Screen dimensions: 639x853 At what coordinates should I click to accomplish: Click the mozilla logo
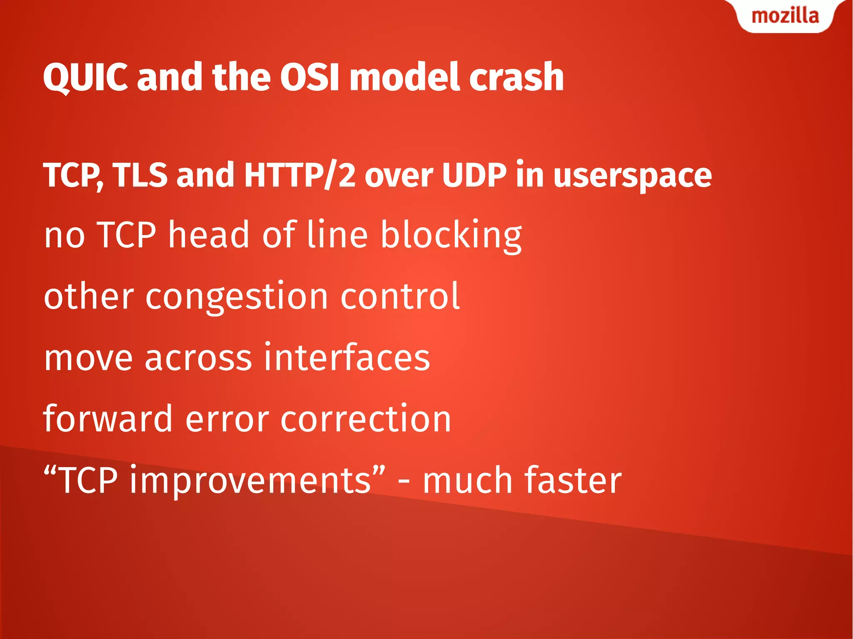(x=785, y=16)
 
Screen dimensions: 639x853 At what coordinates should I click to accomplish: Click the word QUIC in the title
(x=85, y=77)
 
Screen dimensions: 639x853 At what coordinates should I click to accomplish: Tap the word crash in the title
(x=516, y=77)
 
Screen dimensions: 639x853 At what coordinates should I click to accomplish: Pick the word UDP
(x=474, y=175)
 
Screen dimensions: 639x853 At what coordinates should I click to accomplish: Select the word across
(x=198, y=358)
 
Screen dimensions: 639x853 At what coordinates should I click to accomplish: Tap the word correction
(x=366, y=419)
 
